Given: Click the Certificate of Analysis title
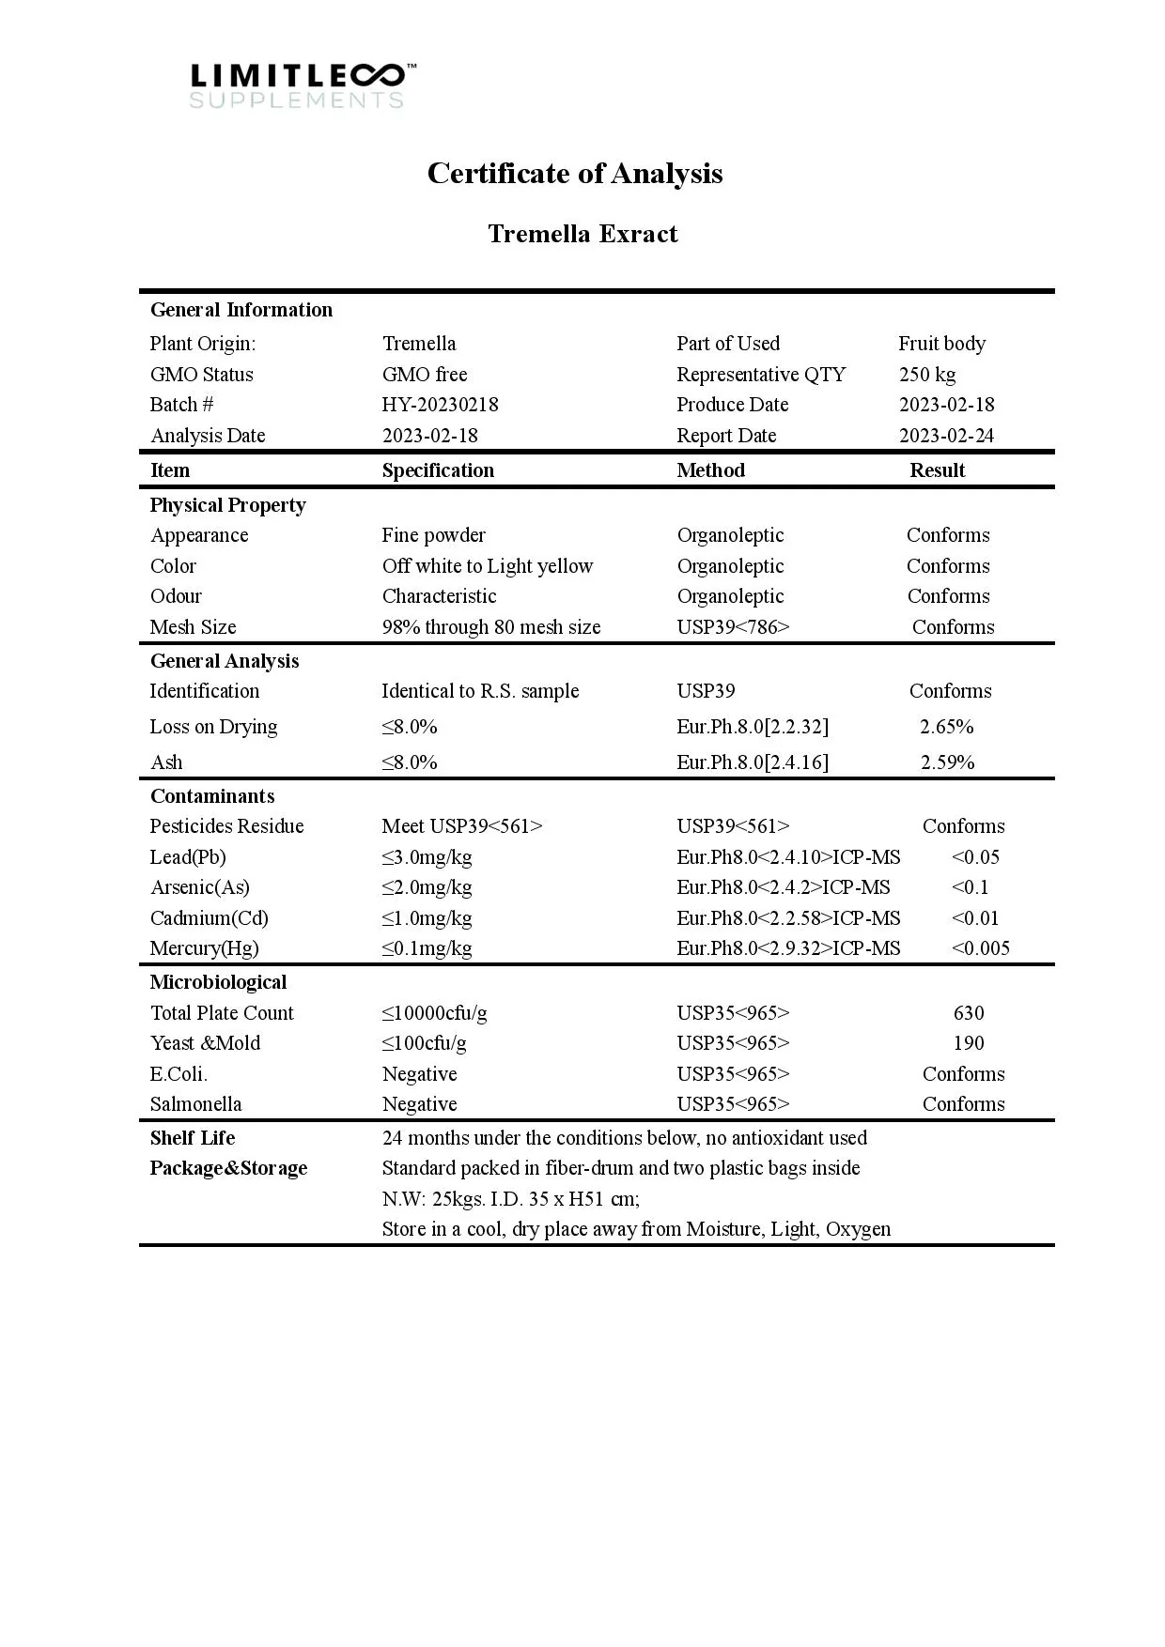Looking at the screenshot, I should pyautogui.click(x=575, y=174).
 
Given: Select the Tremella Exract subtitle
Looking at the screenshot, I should pyautogui.click(x=582, y=234).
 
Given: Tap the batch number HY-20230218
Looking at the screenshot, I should pyautogui.click(x=440, y=405).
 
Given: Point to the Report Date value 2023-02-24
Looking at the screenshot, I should pyautogui.click(x=946, y=436).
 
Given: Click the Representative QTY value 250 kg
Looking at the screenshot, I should pyautogui.click(x=926, y=375).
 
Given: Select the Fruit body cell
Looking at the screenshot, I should pyautogui.click(x=941, y=344).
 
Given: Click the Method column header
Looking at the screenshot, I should pyautogui.click(x=710, y=470).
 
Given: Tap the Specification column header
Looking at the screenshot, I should pyautogui.click(x=438, y=470).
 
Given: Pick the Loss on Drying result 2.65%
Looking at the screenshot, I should pyautogui.click(x=946, y=727).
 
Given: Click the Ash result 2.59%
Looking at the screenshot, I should pyautogui.click(x=947, y=762).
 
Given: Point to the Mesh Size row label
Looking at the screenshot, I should pyautogui.click(x=193, y=627).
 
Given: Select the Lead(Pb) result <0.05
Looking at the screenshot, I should pyautogui.click(x=975, y=857).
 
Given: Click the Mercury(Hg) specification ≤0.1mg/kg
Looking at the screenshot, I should pyautogui.click(x=427, y=948).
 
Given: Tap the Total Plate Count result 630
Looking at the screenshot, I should pyautogui.click(x=968, y=1013).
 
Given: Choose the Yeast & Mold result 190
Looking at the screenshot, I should pyautogui.click(x=968, y=1043).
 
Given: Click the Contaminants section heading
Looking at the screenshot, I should pyautogui.click(x=212, y=796).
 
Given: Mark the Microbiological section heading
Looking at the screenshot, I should pyautogui.click(x=218, y=982).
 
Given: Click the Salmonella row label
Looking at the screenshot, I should pyautogui.click(x=195, y=1104).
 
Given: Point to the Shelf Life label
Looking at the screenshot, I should pyautogui.click(x=193, y=1138).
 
